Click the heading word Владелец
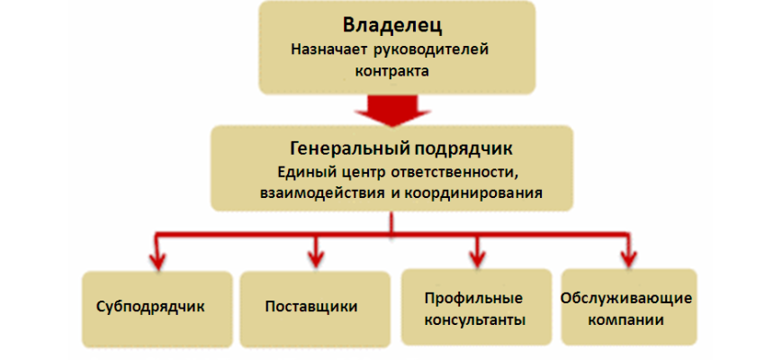click(392, 26)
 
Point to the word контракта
click(392, 70)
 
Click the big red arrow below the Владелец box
click(392, 110)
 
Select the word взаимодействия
click(319, 193)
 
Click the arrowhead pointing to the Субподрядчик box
click(157, 260)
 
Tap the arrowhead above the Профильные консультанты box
click(477, 257)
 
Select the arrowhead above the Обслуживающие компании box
click(628, 257)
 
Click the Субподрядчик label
click(150, 306)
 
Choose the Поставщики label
click(311, 306)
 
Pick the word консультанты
click(475, 319)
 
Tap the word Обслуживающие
click(626, 299)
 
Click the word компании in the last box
click(626, 319)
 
